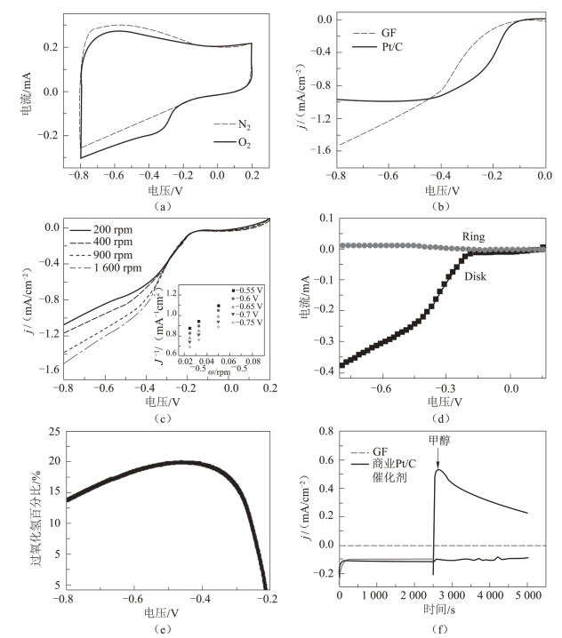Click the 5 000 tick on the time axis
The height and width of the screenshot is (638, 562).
click(x=527, y=602)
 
